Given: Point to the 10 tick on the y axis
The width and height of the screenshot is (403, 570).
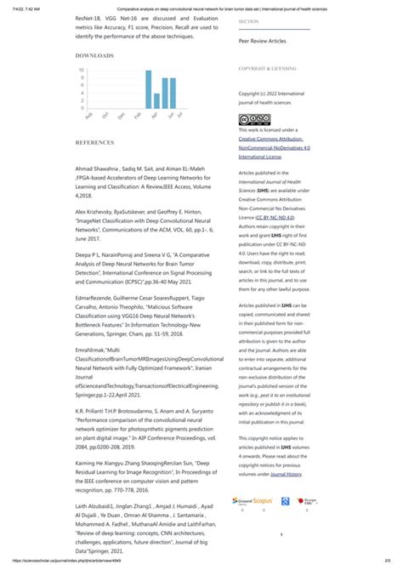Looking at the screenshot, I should (57, 70).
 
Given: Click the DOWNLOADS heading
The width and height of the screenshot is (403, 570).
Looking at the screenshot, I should (94, 54).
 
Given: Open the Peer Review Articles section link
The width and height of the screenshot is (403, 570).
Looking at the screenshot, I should (262, 40).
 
